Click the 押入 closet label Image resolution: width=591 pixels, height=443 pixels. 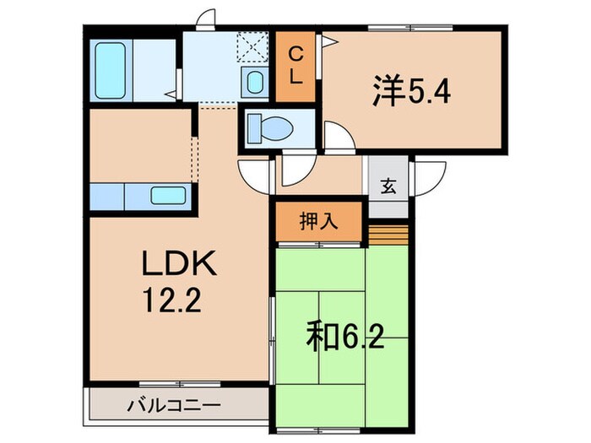point(319,222)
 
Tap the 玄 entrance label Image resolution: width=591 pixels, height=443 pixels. point(387,187)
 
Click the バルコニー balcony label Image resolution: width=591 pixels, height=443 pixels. point(175,406)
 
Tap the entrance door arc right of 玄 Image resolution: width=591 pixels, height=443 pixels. point(429,177)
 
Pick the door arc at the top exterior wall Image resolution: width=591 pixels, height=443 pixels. point(206,19)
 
